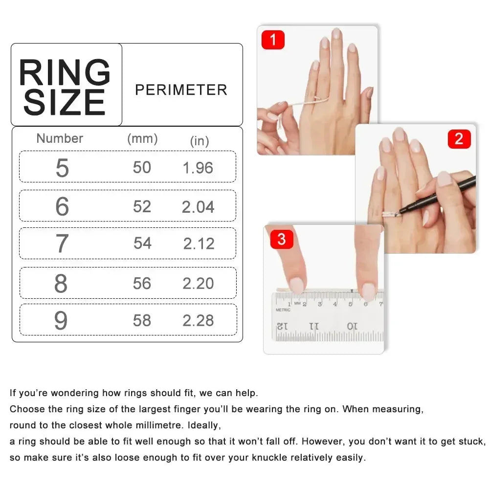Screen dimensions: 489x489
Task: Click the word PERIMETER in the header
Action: pyautogui.click(x=181, y=90)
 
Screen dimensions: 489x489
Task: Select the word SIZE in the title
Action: pyautogui.click(x=65, y=102)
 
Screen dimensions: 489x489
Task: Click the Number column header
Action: pyautogui.click(x=60, y=138)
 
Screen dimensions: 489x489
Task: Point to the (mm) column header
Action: pyautogui.click(x=142, y=138)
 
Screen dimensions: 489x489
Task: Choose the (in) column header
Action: pyautogui.click(x=200, y=141)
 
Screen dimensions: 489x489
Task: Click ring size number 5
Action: pyautogui.click(x=62, y=168)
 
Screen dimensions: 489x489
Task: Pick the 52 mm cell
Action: pyautogui.click(x=142, y=206)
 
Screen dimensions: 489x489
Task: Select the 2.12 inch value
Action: pyautogui.click(x=199, y=244)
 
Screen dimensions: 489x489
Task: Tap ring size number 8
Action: pyautogui.click(x=61, y=284)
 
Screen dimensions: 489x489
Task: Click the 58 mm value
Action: pyautogui.click(x=142, y=320)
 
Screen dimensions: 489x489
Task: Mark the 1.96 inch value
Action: pyautogui.click(x=198, y=168)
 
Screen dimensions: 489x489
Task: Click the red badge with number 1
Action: pyautogui.click(x=273, y=40)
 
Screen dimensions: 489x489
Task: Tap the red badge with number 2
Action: pyautogui.click(x=459, y=139)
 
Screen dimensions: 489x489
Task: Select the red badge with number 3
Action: pyautogui.click(x=281, y=240)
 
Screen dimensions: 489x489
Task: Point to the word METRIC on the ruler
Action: pyautogui.click(x=283, y=310)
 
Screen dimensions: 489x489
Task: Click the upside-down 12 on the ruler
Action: pyautogui.click(x=283, y=326)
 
